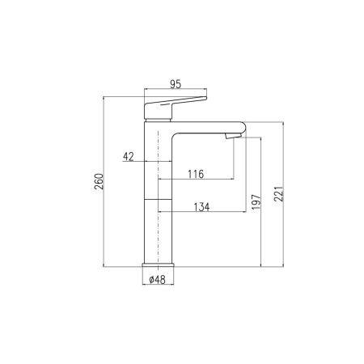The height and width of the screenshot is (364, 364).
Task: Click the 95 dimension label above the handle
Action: (x=176, y=84)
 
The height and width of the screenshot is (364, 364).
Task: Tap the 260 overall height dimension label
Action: (x=99, y=181)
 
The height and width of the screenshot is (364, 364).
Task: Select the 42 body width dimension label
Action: (x=129, y=156)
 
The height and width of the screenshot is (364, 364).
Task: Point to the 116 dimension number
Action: (x=196, y=174)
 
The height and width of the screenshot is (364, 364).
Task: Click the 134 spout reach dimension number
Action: (x=201, y=207)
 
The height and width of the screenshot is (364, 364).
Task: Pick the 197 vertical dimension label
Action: (x=256, y=201)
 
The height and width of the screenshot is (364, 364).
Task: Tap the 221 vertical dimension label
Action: (x=279, y=193)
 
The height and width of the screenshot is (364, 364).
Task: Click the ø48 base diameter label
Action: (x=158, y=280)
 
